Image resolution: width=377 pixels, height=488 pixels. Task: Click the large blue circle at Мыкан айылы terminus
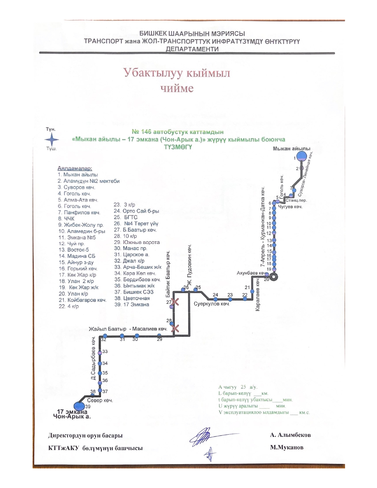click(x=301, y=156)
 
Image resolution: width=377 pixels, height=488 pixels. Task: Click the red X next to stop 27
click(x=175, y=302)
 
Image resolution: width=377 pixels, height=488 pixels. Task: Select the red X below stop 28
click(x=175, y=328)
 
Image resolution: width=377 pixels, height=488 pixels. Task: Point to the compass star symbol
click(x=52, y=140)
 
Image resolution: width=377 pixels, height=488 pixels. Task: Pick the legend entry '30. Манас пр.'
click(x=130, y=248)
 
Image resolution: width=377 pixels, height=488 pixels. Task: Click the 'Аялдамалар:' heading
click(x=75, y=169)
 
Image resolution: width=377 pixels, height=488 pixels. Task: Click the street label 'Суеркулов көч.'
click(x=212, y=304)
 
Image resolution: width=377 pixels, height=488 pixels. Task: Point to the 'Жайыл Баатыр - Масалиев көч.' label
click(x=128, y=329)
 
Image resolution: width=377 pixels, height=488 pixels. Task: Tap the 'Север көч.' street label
click(x=100, y=400)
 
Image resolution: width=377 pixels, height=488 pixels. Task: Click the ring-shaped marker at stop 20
click(x=274, y=277)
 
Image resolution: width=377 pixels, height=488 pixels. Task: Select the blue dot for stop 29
click(x=159, y=336)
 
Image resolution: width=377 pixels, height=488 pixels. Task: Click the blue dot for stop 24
click(x=216, y=299)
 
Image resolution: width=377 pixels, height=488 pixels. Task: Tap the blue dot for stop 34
click(x=100, y=363)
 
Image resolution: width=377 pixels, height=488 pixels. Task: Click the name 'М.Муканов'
click(x=287, y=447)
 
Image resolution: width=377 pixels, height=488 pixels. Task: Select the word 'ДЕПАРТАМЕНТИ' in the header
click(x=192, y=49)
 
